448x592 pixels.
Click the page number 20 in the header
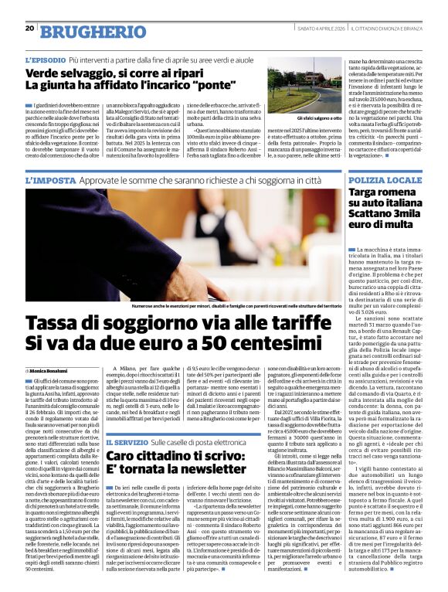(x=29, y=28)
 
